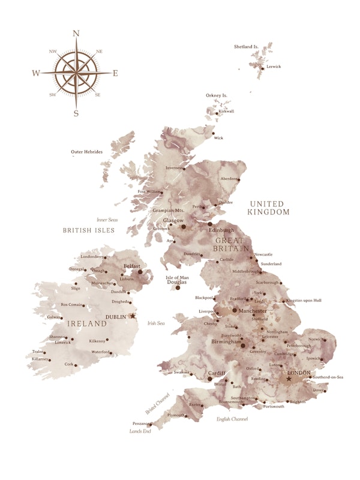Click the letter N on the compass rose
tap(76, 34)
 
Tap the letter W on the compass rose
tap(36, 73)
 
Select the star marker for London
tap(289, 379)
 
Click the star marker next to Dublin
tap(133, 316)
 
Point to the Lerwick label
tap(274, 67)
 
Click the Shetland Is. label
tap(246, 46)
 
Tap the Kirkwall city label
tap(226, 111)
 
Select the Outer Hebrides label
tap(86, 152)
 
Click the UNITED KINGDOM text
tap(269, 208)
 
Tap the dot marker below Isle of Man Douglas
tap(178, 288)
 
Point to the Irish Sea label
tap(156, 323)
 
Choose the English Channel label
tap(232, 419)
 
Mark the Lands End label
tap(139, 431)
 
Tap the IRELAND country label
tap(86, 323)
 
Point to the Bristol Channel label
tap(158, 403)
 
